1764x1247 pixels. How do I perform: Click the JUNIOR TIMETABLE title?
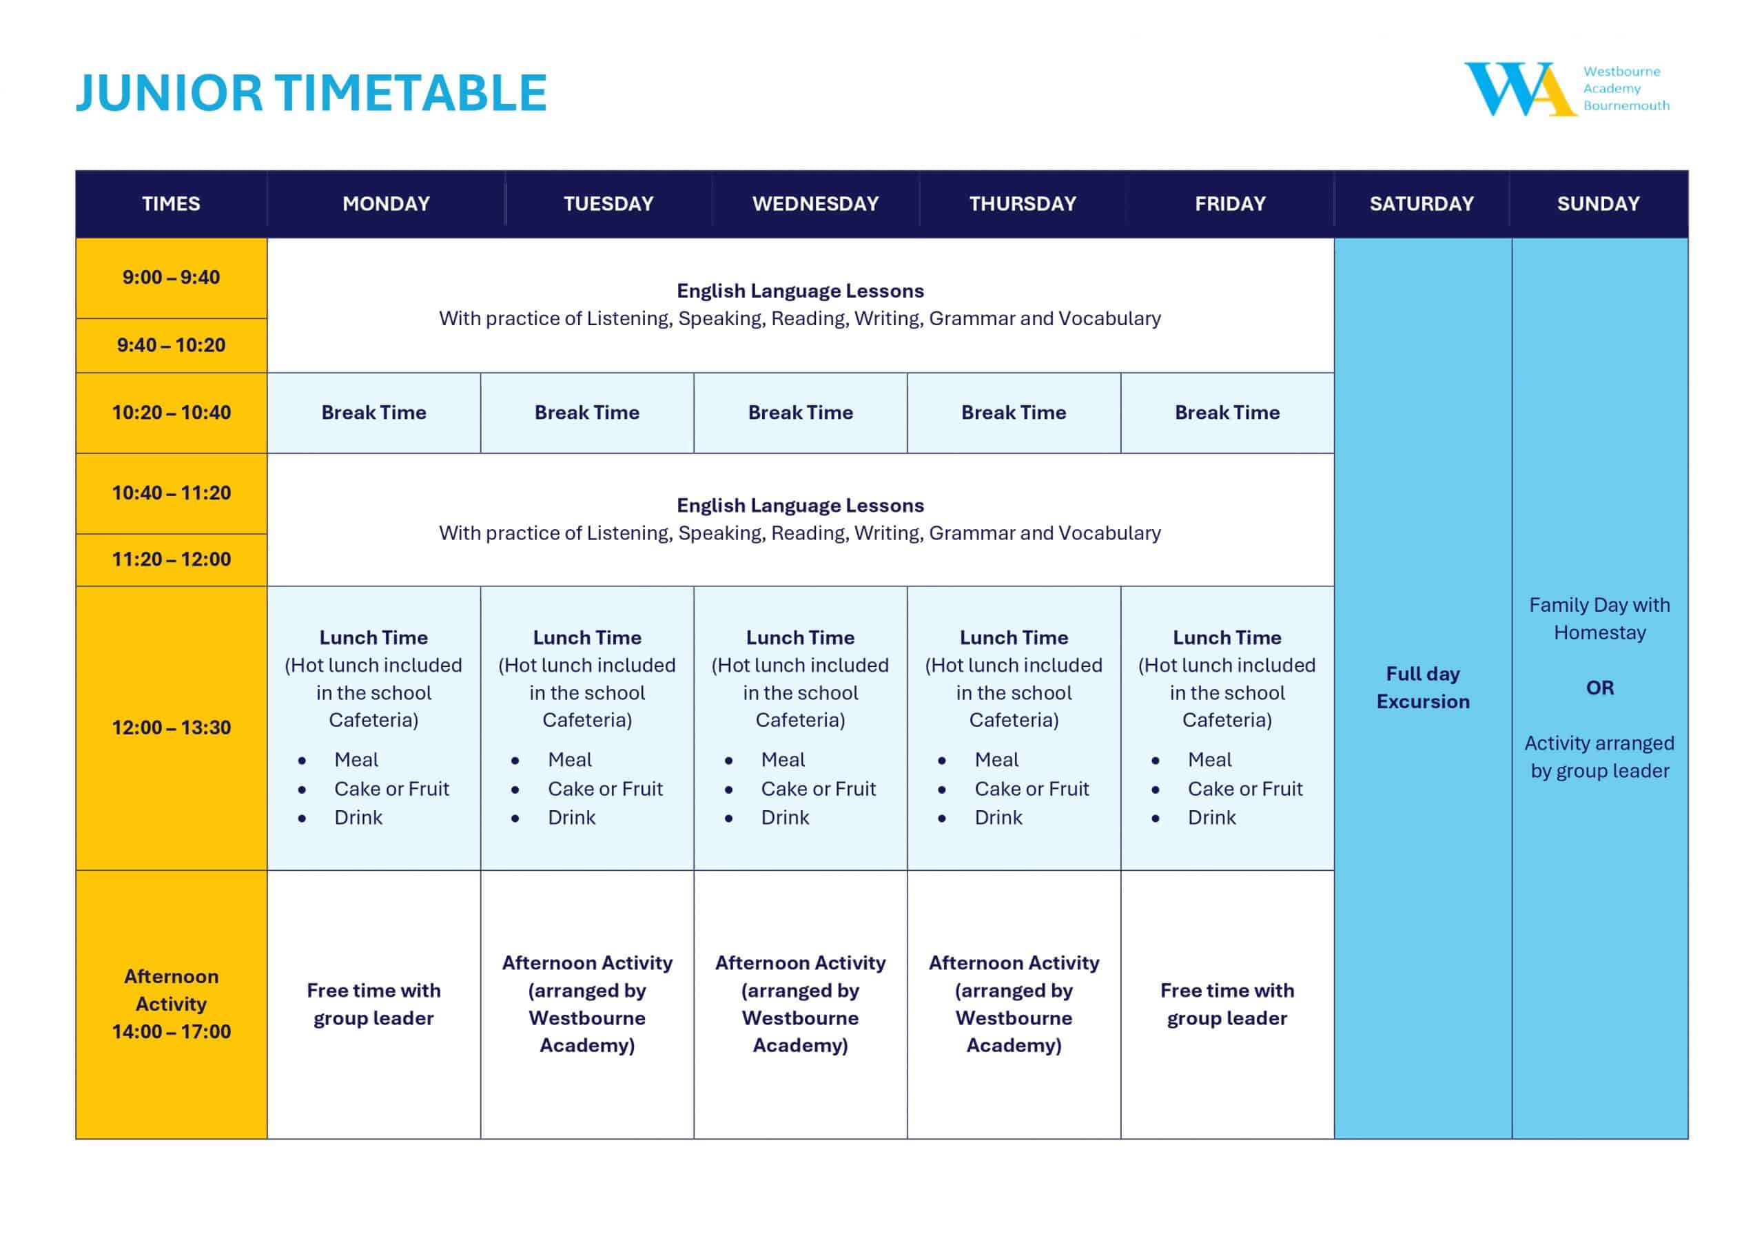tap(311, 94)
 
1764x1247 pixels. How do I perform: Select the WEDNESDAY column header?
tap(815, 204)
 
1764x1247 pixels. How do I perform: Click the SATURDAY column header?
tap(1422, 204)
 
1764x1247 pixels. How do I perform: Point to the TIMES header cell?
tap(171, 204)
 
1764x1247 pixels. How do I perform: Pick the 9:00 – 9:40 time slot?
tap(171, 278)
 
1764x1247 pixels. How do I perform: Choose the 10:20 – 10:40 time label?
tap(171, 413)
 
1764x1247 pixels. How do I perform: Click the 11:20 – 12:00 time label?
tap(171, 559)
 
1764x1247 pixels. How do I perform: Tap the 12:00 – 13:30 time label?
tap(171, 728)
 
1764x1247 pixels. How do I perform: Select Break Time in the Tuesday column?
tap(587, 413)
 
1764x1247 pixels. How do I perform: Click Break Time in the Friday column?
tap(1227, 413)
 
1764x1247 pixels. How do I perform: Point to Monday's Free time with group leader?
tap(373, 1004)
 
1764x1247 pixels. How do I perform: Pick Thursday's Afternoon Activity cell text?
tap(1014, 1004)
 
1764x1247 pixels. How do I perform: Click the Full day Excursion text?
tap(1422, 688)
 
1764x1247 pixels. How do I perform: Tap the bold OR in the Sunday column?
tap(1599, 688)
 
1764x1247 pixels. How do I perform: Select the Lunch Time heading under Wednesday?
tap(800, 638)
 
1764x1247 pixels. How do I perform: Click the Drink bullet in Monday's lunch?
tap(358, 818)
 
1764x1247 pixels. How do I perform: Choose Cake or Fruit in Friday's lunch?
tap(1244, 789)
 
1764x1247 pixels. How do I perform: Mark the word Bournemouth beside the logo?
tap(1625, 105)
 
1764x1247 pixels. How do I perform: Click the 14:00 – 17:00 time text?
tap(171, 1032)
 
